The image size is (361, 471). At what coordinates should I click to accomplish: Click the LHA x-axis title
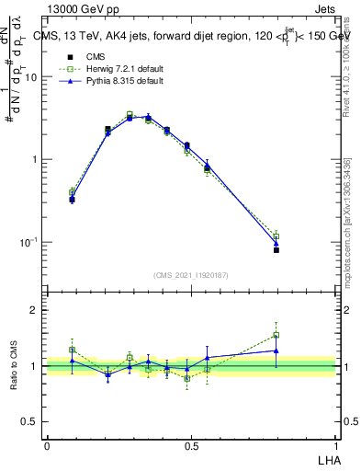[x=326, y=458]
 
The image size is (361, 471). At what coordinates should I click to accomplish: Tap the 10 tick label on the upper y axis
[x=31, y=77]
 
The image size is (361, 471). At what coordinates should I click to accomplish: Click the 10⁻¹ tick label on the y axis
[x=28, y=242]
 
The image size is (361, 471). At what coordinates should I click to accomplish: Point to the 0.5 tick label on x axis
[x=191, y=445]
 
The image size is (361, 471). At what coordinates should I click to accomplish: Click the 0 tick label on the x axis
[x=47, y=445]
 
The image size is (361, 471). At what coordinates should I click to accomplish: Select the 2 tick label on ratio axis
[x=36, y=310]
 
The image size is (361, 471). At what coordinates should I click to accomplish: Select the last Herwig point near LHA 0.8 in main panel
[x=276, y=235]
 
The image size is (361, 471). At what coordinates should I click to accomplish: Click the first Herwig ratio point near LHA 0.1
[x=72, y=350]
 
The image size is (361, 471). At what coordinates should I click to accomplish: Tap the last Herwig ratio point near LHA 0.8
[x=276, y=335]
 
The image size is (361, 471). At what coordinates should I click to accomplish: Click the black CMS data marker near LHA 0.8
[x=276, y=249]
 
